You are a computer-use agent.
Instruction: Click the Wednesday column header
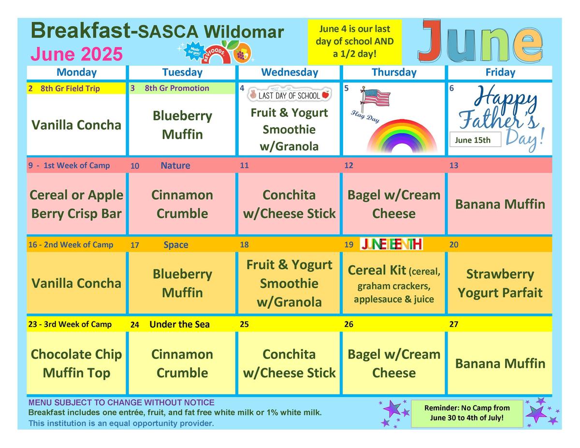tap(290, 72)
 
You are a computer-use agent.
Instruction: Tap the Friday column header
tap(500, 72)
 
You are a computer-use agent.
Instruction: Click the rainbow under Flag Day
tap(402, 136)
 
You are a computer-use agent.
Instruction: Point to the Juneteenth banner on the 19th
tap(391, 244)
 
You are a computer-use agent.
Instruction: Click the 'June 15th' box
tap(475, 140)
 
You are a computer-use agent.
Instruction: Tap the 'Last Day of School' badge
tap(290, 95)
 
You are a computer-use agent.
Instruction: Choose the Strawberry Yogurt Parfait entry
tap(500, 283)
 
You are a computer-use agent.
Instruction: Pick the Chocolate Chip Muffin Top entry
tap(76, 363)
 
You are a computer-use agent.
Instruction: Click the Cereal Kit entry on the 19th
tap(394, 284)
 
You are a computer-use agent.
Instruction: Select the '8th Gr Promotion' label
tap(177, 88)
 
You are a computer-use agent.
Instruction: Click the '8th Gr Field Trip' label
tap(70, 88)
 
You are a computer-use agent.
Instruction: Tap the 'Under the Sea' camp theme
tap(179, 324)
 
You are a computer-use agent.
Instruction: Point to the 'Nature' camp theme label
tap(175, 165)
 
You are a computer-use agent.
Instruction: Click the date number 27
tap(454, 324)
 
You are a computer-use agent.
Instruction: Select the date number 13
tap(454, 165)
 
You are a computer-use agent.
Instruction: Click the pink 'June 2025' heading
tap(76, 54)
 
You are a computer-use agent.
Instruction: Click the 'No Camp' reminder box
tap(467, 413)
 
